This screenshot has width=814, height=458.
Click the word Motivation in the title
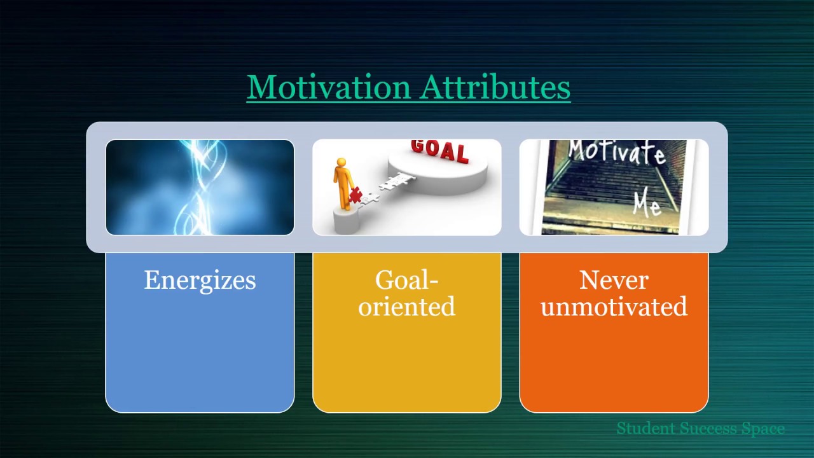point(329,87)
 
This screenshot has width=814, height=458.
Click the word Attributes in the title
point(495,87)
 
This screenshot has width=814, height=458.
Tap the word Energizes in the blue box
point(200,281)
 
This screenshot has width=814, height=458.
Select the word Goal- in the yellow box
point(406,280)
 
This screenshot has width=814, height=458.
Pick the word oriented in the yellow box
point(406,307)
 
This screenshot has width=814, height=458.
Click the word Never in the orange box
point(614,280)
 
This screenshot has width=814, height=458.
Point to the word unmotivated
point(614,307)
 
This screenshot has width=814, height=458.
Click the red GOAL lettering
point(439,151)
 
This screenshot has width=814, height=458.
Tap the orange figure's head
point(341,162)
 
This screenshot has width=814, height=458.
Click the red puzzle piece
point(355,195)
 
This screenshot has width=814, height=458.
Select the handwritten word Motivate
point(617,152)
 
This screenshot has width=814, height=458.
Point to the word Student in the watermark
point(645,428)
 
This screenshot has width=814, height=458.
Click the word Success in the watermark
point(708,428)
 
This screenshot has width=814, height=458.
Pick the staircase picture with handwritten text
point(614,187)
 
